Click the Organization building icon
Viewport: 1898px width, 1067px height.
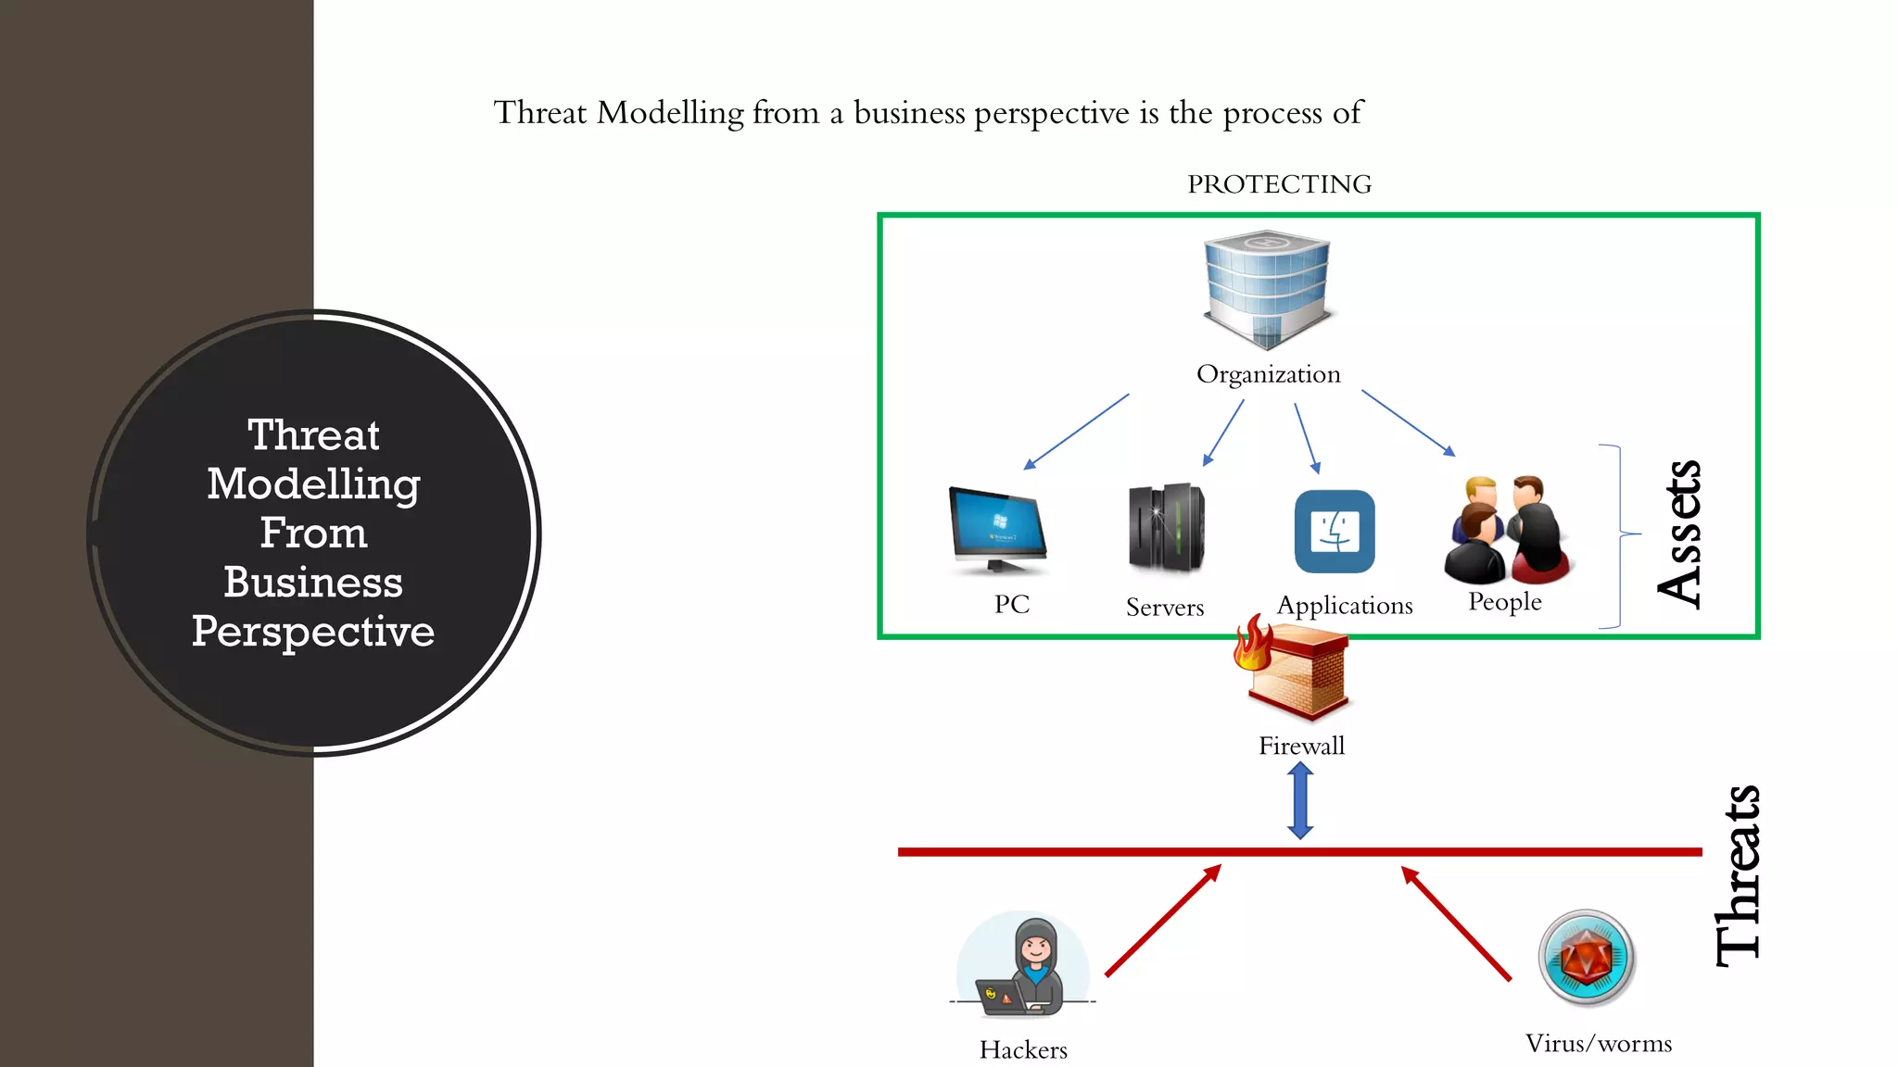tap(1267, 288)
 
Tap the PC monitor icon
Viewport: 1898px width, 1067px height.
tap(997, 529)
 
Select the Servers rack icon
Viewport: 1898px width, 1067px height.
tap(1166, 528)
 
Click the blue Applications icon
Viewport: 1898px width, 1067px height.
tap(1335, 532)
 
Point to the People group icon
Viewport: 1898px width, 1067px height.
tap(1506, 529)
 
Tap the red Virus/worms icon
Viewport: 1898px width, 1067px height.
tap(1587, 958)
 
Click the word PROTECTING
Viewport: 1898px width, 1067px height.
tap(1279, 184)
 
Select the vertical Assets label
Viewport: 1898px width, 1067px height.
tap(1680, 534)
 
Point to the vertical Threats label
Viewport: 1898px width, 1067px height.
tap(1738, 875)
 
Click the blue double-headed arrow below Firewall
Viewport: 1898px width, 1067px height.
tap(1300, 801)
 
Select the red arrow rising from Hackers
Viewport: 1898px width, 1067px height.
tap(1163, 921)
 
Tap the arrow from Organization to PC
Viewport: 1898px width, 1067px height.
tap(1076, 432)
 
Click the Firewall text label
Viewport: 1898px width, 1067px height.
tap(1301, 746)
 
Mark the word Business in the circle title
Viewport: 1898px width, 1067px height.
tap(313, 583)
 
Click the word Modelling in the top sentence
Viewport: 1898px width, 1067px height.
tap(670, 113)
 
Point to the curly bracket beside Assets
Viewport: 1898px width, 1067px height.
tap(1619, 535)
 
